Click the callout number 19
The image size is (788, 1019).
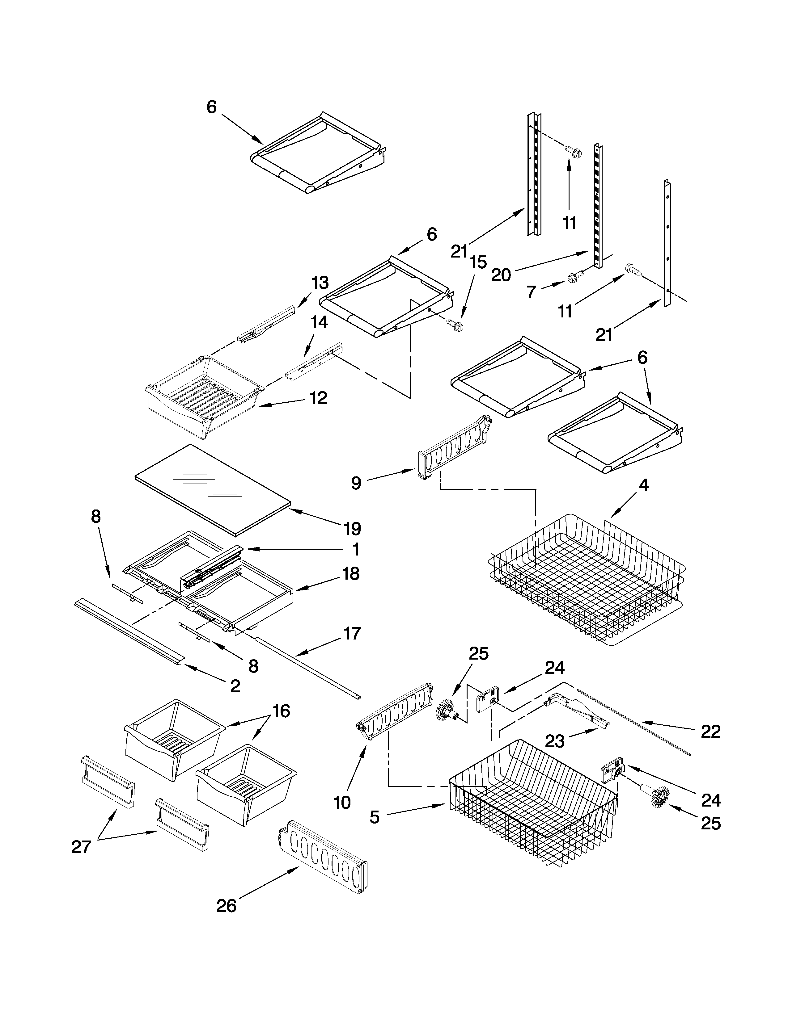353,529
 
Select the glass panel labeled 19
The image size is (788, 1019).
212,488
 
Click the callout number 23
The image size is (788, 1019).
555,741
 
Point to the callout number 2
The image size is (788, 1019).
235,686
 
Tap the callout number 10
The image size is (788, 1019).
342,803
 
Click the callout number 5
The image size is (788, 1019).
375,817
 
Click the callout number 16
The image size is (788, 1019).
281,711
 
